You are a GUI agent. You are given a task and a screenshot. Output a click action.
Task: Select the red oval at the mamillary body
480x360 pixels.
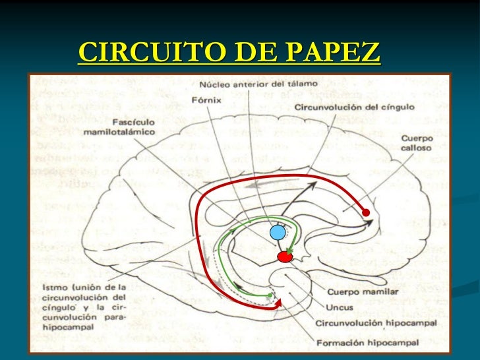(285, 256)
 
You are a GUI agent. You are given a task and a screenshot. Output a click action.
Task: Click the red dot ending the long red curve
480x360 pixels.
(366, 212)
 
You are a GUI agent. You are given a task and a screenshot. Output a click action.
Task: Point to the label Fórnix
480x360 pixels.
(206, 101)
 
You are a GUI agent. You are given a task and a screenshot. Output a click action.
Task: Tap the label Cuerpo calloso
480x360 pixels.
(416, 144)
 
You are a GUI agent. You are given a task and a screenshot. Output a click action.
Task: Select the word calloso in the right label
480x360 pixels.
(416, 148)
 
